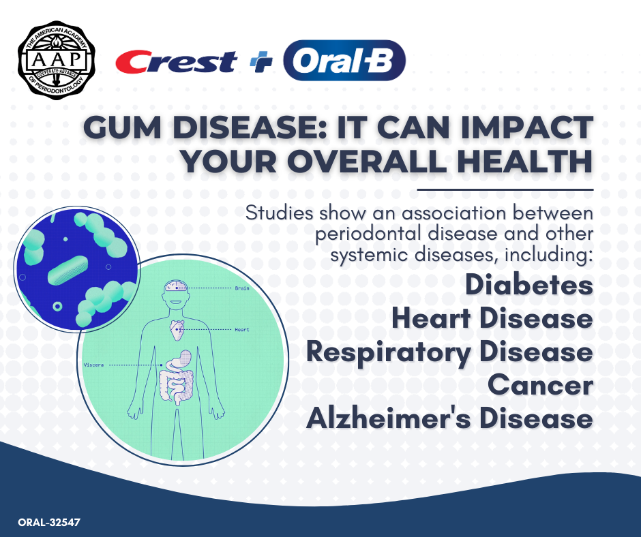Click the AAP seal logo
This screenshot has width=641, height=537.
(57, 61)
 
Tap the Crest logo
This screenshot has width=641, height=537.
(176, 62)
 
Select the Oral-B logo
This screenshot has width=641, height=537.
(344, 61)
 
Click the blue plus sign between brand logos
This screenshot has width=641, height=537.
(260, 62)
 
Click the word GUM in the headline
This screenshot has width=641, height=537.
(123, 127)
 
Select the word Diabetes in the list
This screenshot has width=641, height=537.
(529, 284)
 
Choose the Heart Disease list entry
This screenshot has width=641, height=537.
(492, 318)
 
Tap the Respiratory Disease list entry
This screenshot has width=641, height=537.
(449, 352)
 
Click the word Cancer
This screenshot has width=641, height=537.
(541, 385)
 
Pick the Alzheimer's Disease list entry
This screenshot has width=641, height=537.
(449, 418)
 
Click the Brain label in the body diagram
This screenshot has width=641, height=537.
(242, 288)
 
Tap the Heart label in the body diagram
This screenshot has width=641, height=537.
(242, 329)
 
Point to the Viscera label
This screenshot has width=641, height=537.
(93, 365)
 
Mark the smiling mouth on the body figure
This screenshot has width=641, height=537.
(176, 303)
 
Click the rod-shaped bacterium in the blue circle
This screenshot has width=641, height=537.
(68, 271)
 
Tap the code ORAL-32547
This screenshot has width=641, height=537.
(49, 522)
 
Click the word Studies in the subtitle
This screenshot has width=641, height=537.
(279, 213)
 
